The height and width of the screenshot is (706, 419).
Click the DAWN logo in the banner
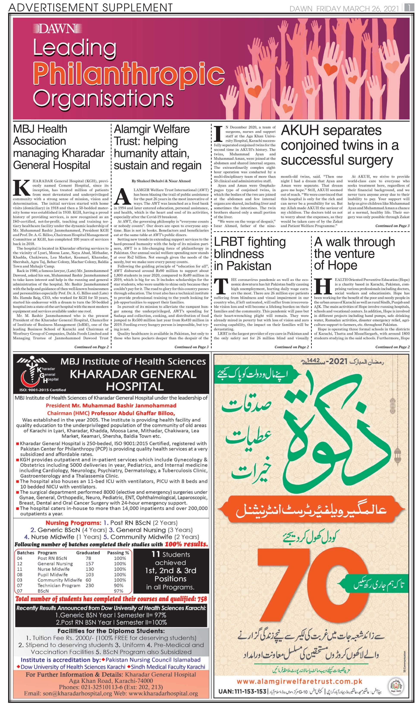tap(55, 28)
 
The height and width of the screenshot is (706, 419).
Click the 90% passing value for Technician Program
tap(120, 585)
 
